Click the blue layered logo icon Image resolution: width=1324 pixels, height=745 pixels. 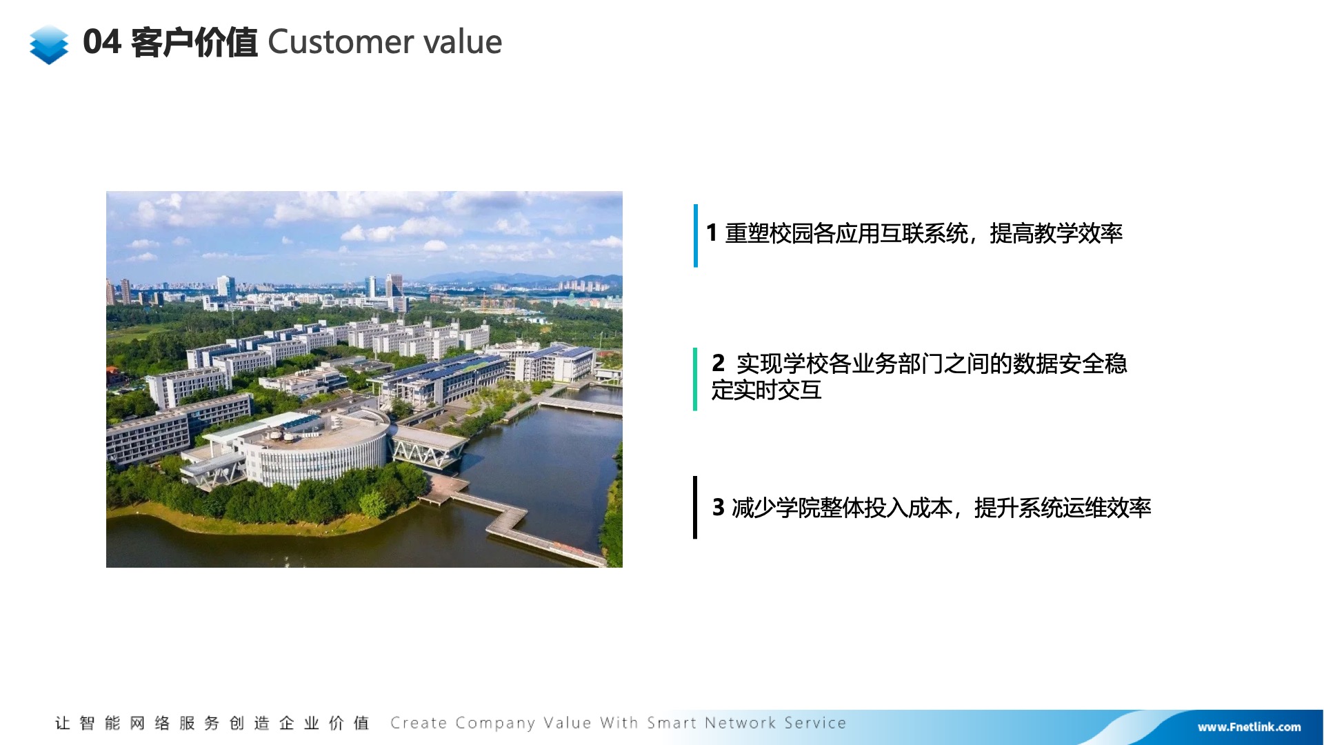pyautogui.click(x=49, y=44)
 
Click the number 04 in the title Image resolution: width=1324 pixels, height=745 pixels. pyautogui.click(x=102, y=42)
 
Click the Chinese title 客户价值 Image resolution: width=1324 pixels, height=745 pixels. pyautogui.click(x=194, y=43)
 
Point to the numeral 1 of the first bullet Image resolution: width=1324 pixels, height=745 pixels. pyautogui.click(x=712, y=233)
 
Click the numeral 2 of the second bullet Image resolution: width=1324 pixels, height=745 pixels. pyautogui.click(x=719, y=363)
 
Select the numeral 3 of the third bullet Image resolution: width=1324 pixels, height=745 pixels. pyautogui.click(x=719, y=508)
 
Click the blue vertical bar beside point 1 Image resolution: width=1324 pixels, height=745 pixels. pyautogui.click(x=696, y=236)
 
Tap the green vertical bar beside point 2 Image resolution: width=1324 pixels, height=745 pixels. pyautogui.click(x=695, y=379)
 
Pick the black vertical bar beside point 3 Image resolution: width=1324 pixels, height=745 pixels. pyautogui.click(x=695, y=507)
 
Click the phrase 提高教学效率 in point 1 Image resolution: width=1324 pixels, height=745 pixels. pyautogui.click(x=1056, y=234)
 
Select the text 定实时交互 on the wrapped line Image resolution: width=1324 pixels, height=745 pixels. pyautogui.click(x=767, y=390)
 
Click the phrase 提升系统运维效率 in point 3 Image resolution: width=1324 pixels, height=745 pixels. pyautogui.click(x=1063, y=508)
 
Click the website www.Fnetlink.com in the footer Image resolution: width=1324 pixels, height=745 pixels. pyautogui.click(x=1249, y=727)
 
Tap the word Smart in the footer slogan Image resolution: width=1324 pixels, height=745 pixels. pyautogui.click(x=672, y=723)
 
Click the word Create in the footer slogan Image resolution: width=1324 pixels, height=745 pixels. pyautogui.click(x=419, y=723)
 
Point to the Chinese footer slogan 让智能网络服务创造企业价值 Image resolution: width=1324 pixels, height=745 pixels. pyautogui.click(x=212, y=723)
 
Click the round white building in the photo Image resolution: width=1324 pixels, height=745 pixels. pyautogui.click(x=318, y=448)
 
